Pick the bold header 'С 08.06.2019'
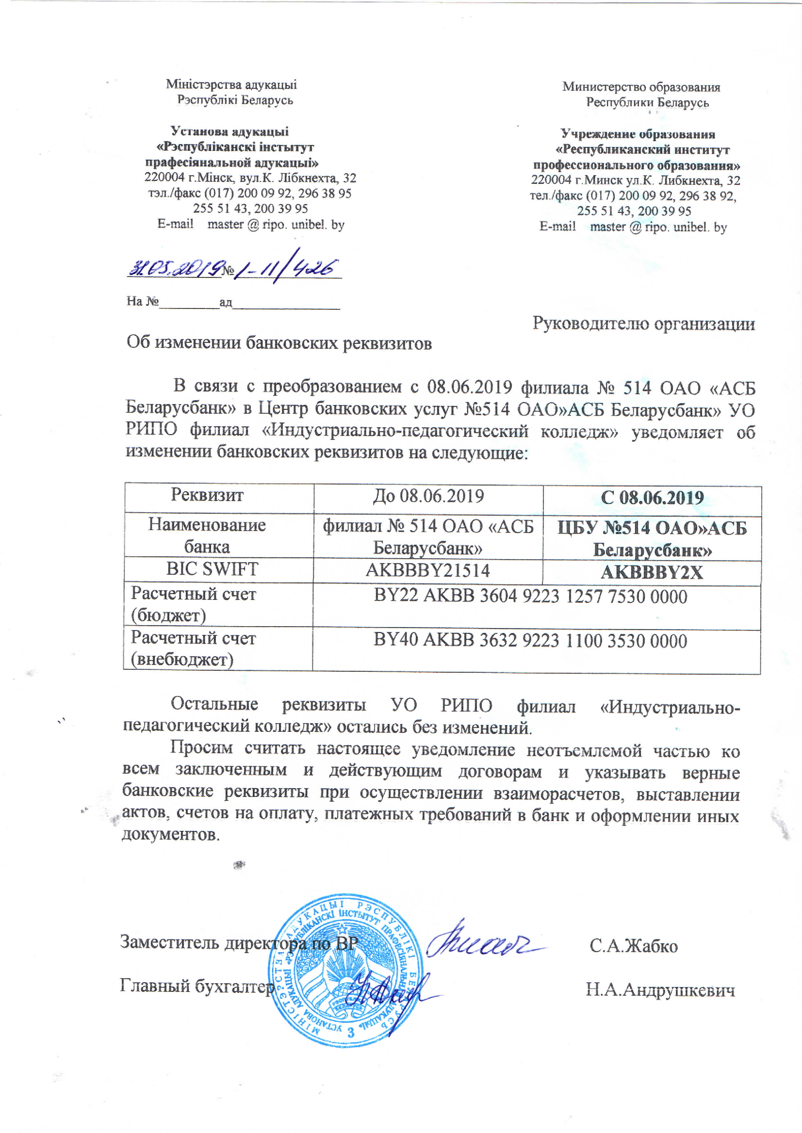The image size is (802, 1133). [652, 498]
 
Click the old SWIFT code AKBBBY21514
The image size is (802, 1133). [427, 571]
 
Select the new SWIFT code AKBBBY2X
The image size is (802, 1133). [652, 573]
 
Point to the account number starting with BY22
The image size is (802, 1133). [530, 597]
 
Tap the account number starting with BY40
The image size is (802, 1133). [530, 641]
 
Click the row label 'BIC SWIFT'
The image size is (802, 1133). [212, 569]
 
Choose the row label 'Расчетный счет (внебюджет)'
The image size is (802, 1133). [193, 648]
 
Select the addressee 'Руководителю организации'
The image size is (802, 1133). [643, 324]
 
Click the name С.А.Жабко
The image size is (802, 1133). [634, 946]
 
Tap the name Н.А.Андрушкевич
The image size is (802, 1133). [660, 990]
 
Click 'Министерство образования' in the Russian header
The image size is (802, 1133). [641, 87]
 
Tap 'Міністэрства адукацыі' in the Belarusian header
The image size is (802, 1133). [231, 84]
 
